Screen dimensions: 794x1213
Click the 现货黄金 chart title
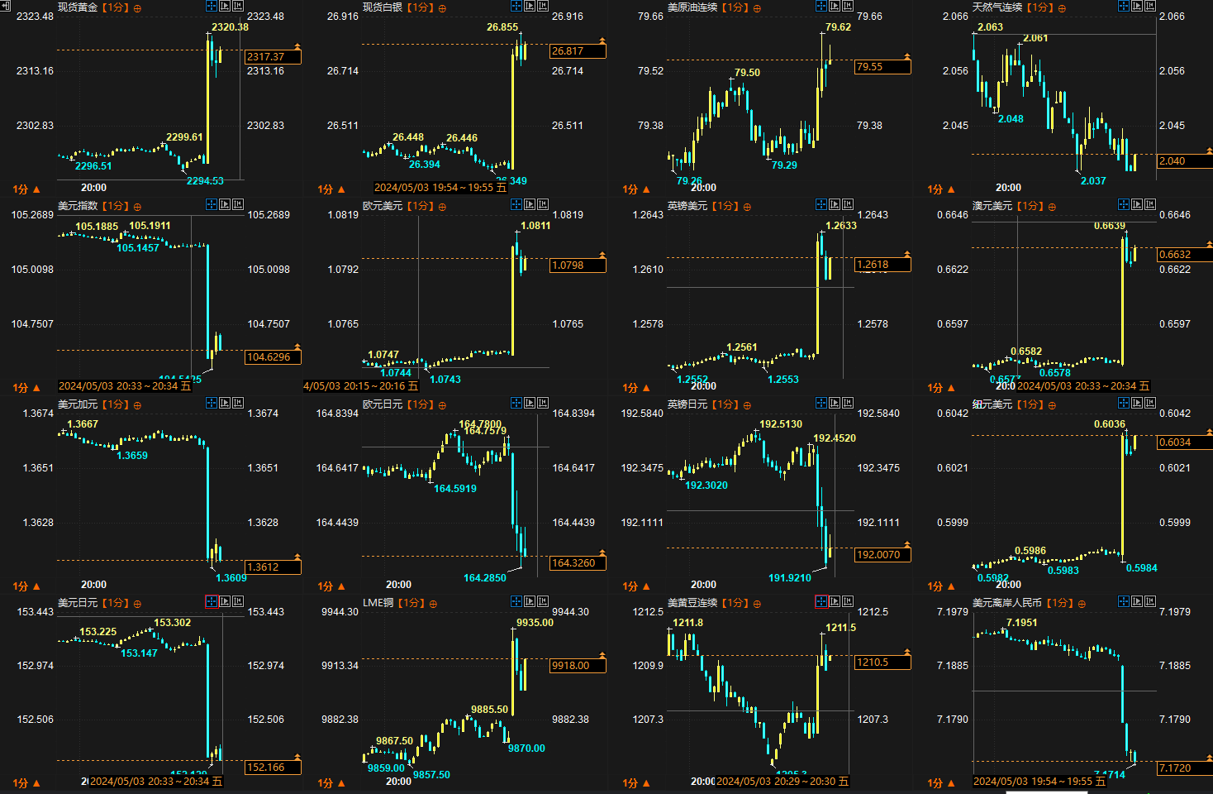point(78,7)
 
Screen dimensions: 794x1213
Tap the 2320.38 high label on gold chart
point(230,27)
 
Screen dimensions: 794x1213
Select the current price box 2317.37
point(273,57)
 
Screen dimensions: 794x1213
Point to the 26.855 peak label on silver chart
point(502,27)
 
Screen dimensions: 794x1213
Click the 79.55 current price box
point(882,67)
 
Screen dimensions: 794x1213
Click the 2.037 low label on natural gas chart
point(1092,181)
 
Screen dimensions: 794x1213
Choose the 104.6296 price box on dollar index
point(273,357)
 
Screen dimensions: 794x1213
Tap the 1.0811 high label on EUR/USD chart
point(535,226)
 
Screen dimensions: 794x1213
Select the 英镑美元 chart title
point(687,206)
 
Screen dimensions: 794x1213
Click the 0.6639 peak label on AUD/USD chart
point(1109,226)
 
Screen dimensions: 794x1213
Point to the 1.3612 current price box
point(273,567)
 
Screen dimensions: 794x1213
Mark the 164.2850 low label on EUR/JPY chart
point(484,578)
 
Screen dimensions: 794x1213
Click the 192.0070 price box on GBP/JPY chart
point(882,555)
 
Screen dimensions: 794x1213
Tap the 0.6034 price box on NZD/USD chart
point(1185,442)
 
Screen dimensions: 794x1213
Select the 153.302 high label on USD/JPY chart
point(172,623)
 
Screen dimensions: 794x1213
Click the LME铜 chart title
point(378,603)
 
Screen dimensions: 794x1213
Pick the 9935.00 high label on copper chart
point(535,623)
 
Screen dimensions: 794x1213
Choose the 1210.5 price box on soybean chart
point(882,662)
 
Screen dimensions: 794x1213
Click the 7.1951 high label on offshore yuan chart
point(1021,623)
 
